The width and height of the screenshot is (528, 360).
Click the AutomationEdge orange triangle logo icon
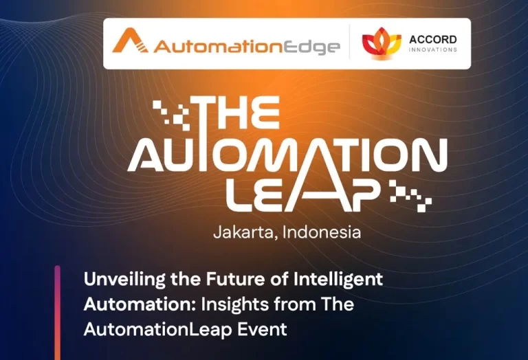(x=129, y=42)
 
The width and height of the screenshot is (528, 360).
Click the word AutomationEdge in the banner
(x=246, y=47)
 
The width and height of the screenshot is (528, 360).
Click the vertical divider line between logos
(x=350, y=43)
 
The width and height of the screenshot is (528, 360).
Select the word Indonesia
(x=322, y=232)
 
